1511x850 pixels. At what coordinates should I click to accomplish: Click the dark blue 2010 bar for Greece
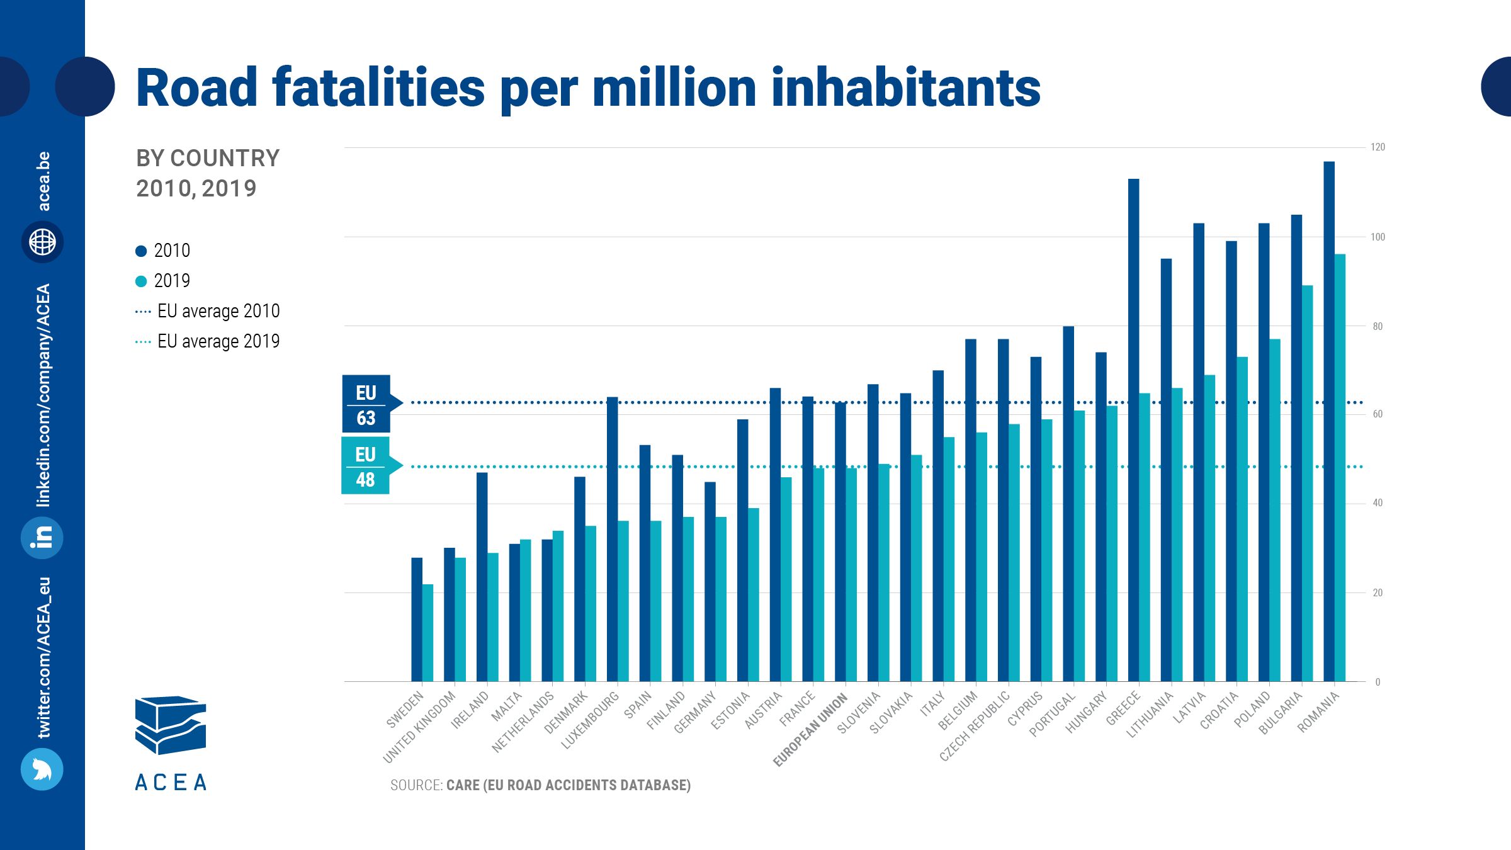1133,428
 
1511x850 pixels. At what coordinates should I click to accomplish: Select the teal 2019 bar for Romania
1340,466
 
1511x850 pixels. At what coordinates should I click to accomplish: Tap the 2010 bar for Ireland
482,576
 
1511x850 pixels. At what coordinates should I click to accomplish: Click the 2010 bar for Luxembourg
612,538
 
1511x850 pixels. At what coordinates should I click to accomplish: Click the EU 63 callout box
366,404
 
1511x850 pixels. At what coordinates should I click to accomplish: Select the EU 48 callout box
366,466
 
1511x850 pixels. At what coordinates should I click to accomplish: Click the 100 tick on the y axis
1378,237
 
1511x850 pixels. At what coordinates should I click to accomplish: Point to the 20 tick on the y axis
1378,593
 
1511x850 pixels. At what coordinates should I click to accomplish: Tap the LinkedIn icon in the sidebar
42,538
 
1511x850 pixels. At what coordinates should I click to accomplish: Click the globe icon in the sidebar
42,242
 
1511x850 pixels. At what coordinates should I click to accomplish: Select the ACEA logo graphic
171,725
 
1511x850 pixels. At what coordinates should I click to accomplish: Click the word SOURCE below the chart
416,785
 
